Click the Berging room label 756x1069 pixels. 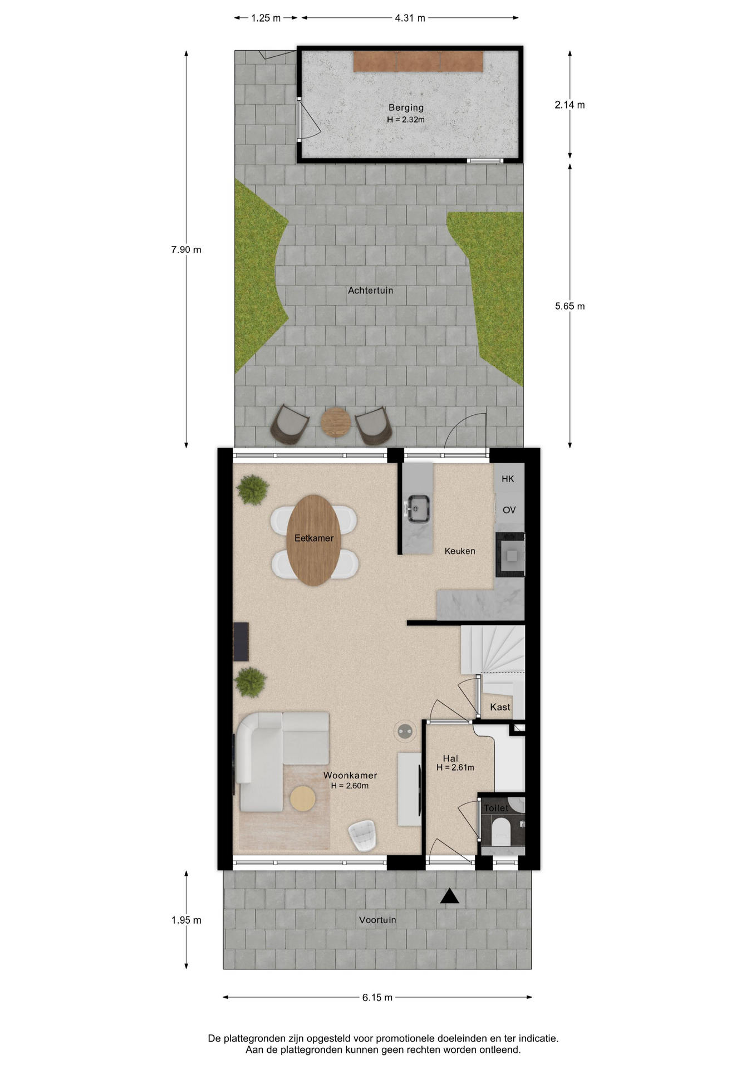[x=406, y=107]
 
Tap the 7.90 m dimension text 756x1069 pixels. [x=186, y=249]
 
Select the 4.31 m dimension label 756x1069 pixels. [x=410, y=18]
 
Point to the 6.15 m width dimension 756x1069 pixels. [x=377, y=997]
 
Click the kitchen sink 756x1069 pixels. [x=418, y=509]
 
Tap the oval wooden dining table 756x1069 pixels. [x=314, y=540]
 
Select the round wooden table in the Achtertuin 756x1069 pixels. [x=336, y=423]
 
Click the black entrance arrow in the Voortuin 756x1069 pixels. [x=450, y=896]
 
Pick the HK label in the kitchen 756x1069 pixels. [x=508, y=479]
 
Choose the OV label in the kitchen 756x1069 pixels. [x=509, y=510]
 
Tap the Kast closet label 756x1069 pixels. [x=500, y=707]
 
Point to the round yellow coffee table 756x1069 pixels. [x=303, y=799]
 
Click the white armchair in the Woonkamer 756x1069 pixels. [x=363, y=836]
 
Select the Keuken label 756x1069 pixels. [x=460, y=551]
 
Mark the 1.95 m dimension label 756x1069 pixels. [x=186, y=920]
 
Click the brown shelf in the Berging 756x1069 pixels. [x=418, y=61]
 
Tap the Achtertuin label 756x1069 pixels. [x=371, y=290]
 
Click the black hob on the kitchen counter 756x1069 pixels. [x=510, y=555]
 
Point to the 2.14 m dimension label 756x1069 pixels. [x=570, y=105]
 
